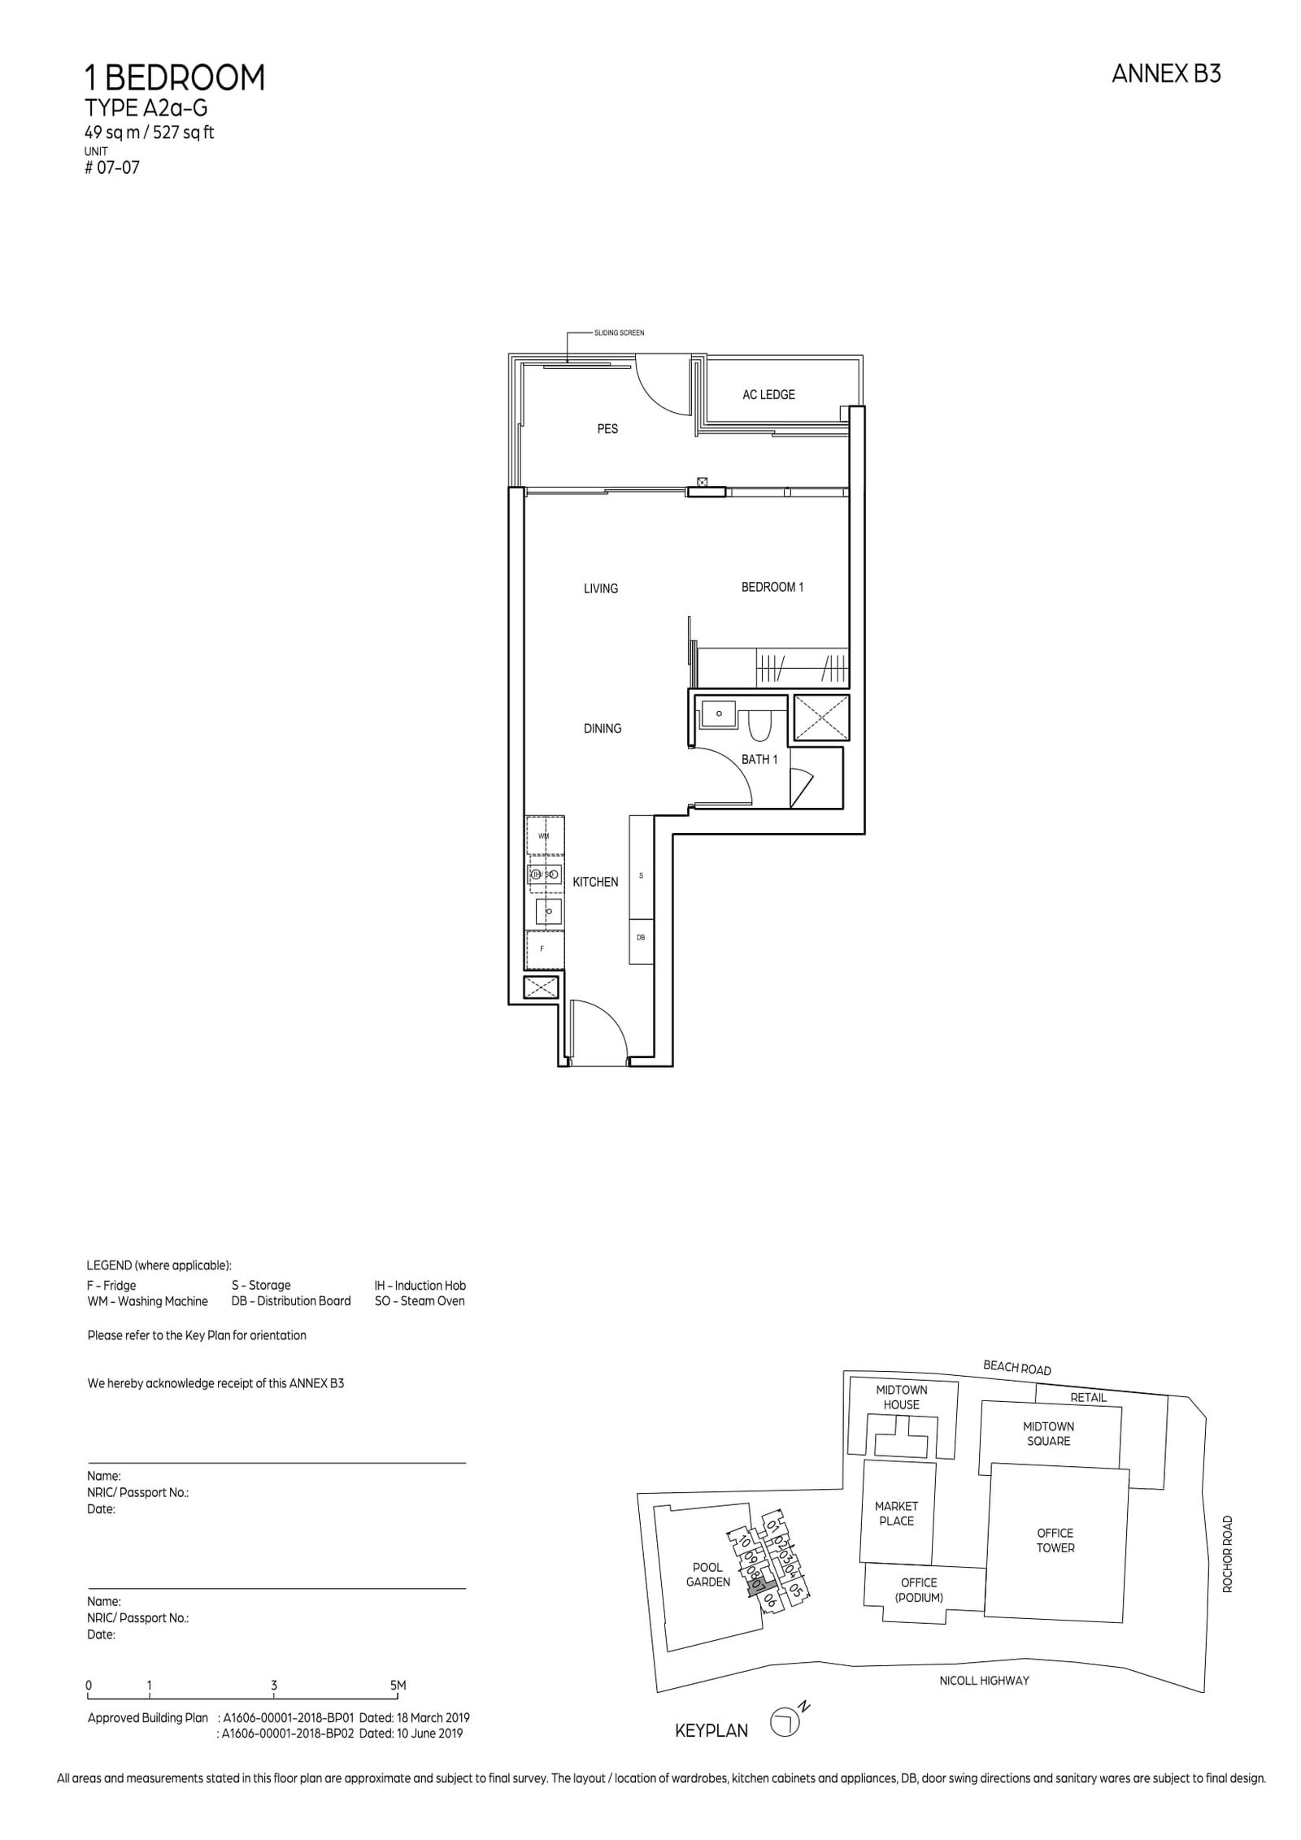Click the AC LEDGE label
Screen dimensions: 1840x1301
(x=768, y=394)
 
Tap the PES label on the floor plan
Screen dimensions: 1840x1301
(x=607, y=428)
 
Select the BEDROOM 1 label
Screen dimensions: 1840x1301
(x=772, y=587)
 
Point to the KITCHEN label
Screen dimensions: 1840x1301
(x=595, y=882)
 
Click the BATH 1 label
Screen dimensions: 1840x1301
(x=759, y=759)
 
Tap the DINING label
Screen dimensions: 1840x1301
(x=602, y=728)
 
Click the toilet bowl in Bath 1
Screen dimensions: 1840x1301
(x=758, y=726)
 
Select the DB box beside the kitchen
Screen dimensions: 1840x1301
(x=641, y=937)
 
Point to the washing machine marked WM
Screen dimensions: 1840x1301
(x=544, y=836)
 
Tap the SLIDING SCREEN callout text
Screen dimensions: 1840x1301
(x=619, y=333)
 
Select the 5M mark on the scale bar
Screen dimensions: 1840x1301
(x=398, y=1685)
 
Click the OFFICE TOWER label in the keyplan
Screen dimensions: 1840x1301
(x=1055, y=1540)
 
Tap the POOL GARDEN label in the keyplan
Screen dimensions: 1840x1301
(x=707, y=1574)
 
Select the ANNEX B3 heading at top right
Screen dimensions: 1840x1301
(x=1165, y=75)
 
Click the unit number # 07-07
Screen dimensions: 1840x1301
(x=112, y=168)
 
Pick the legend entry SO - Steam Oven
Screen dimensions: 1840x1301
(x=419, y=1300)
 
